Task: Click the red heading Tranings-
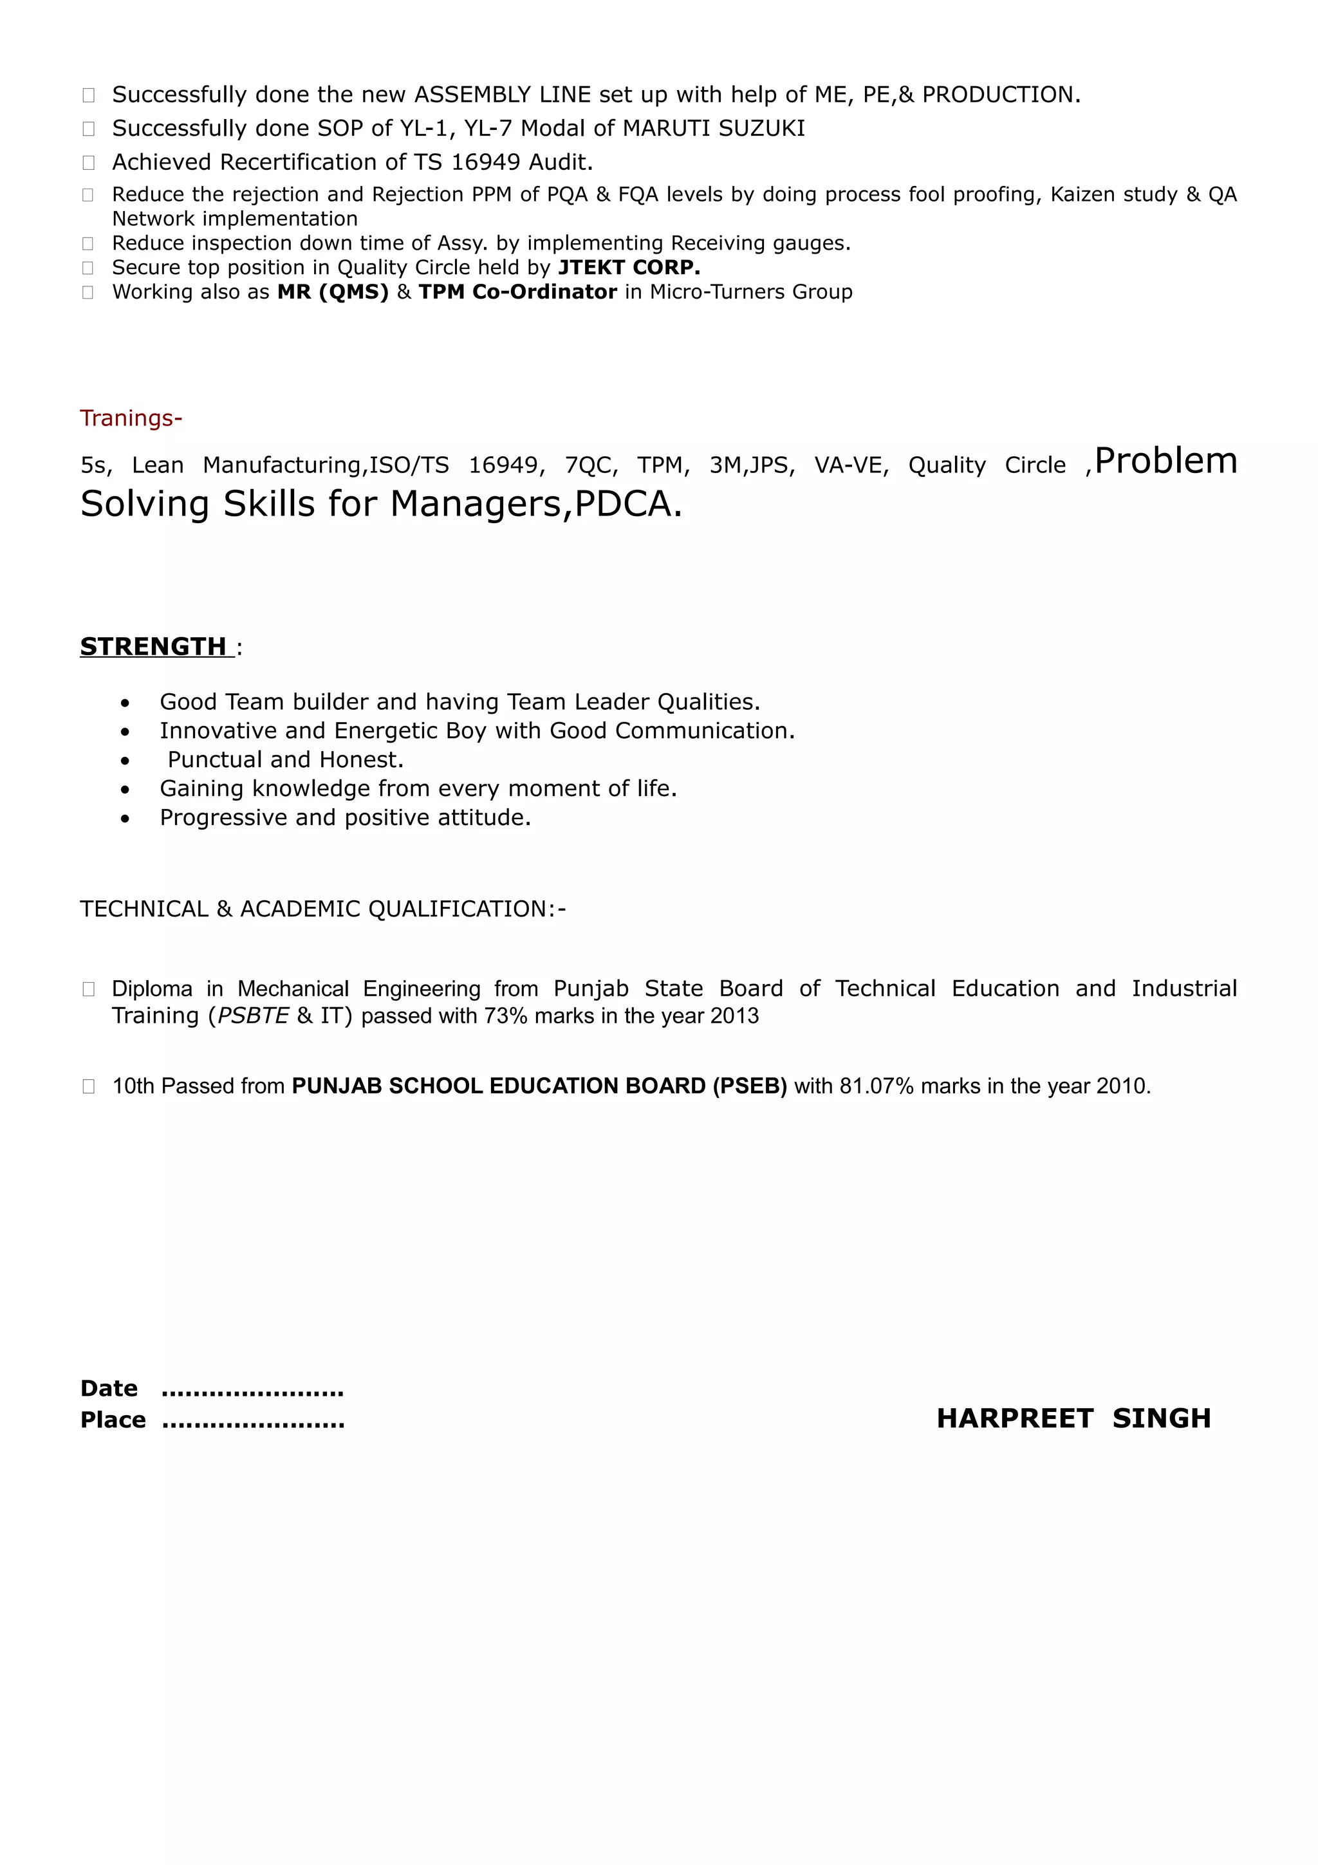(x=131, y=418)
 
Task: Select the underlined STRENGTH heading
(x=153, y=647)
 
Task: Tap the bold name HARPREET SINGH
(x=1073, y=1418)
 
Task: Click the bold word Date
(x=109, y=1388)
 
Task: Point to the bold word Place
(x=113, y=1420)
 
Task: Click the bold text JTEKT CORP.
(x=629, y=267)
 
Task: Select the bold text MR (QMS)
(x=333, y=292)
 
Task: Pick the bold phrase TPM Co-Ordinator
(x=517, y=292)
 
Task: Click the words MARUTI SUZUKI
(x=714, y=128)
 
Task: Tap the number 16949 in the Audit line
(x=485, y=162)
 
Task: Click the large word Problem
(x=1165, y=461)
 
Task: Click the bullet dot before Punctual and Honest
(x=124, y=760)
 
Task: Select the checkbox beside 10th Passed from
(x=89, y=1086)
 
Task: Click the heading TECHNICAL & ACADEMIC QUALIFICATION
(x=322, y=909)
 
